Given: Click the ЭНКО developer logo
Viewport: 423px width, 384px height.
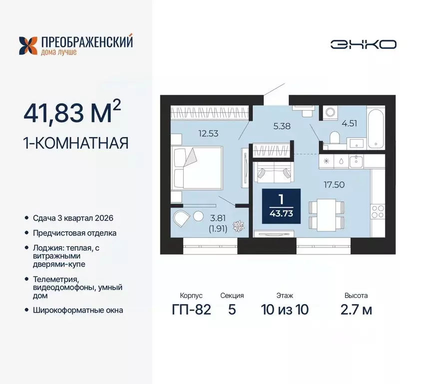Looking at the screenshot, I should tap(363, 44).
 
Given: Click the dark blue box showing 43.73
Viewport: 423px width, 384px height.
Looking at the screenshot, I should tap(281, 206).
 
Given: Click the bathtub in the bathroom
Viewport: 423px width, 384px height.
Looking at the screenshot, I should tap(376, 127).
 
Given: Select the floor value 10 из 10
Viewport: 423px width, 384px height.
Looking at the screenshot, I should tap(284, 309).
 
